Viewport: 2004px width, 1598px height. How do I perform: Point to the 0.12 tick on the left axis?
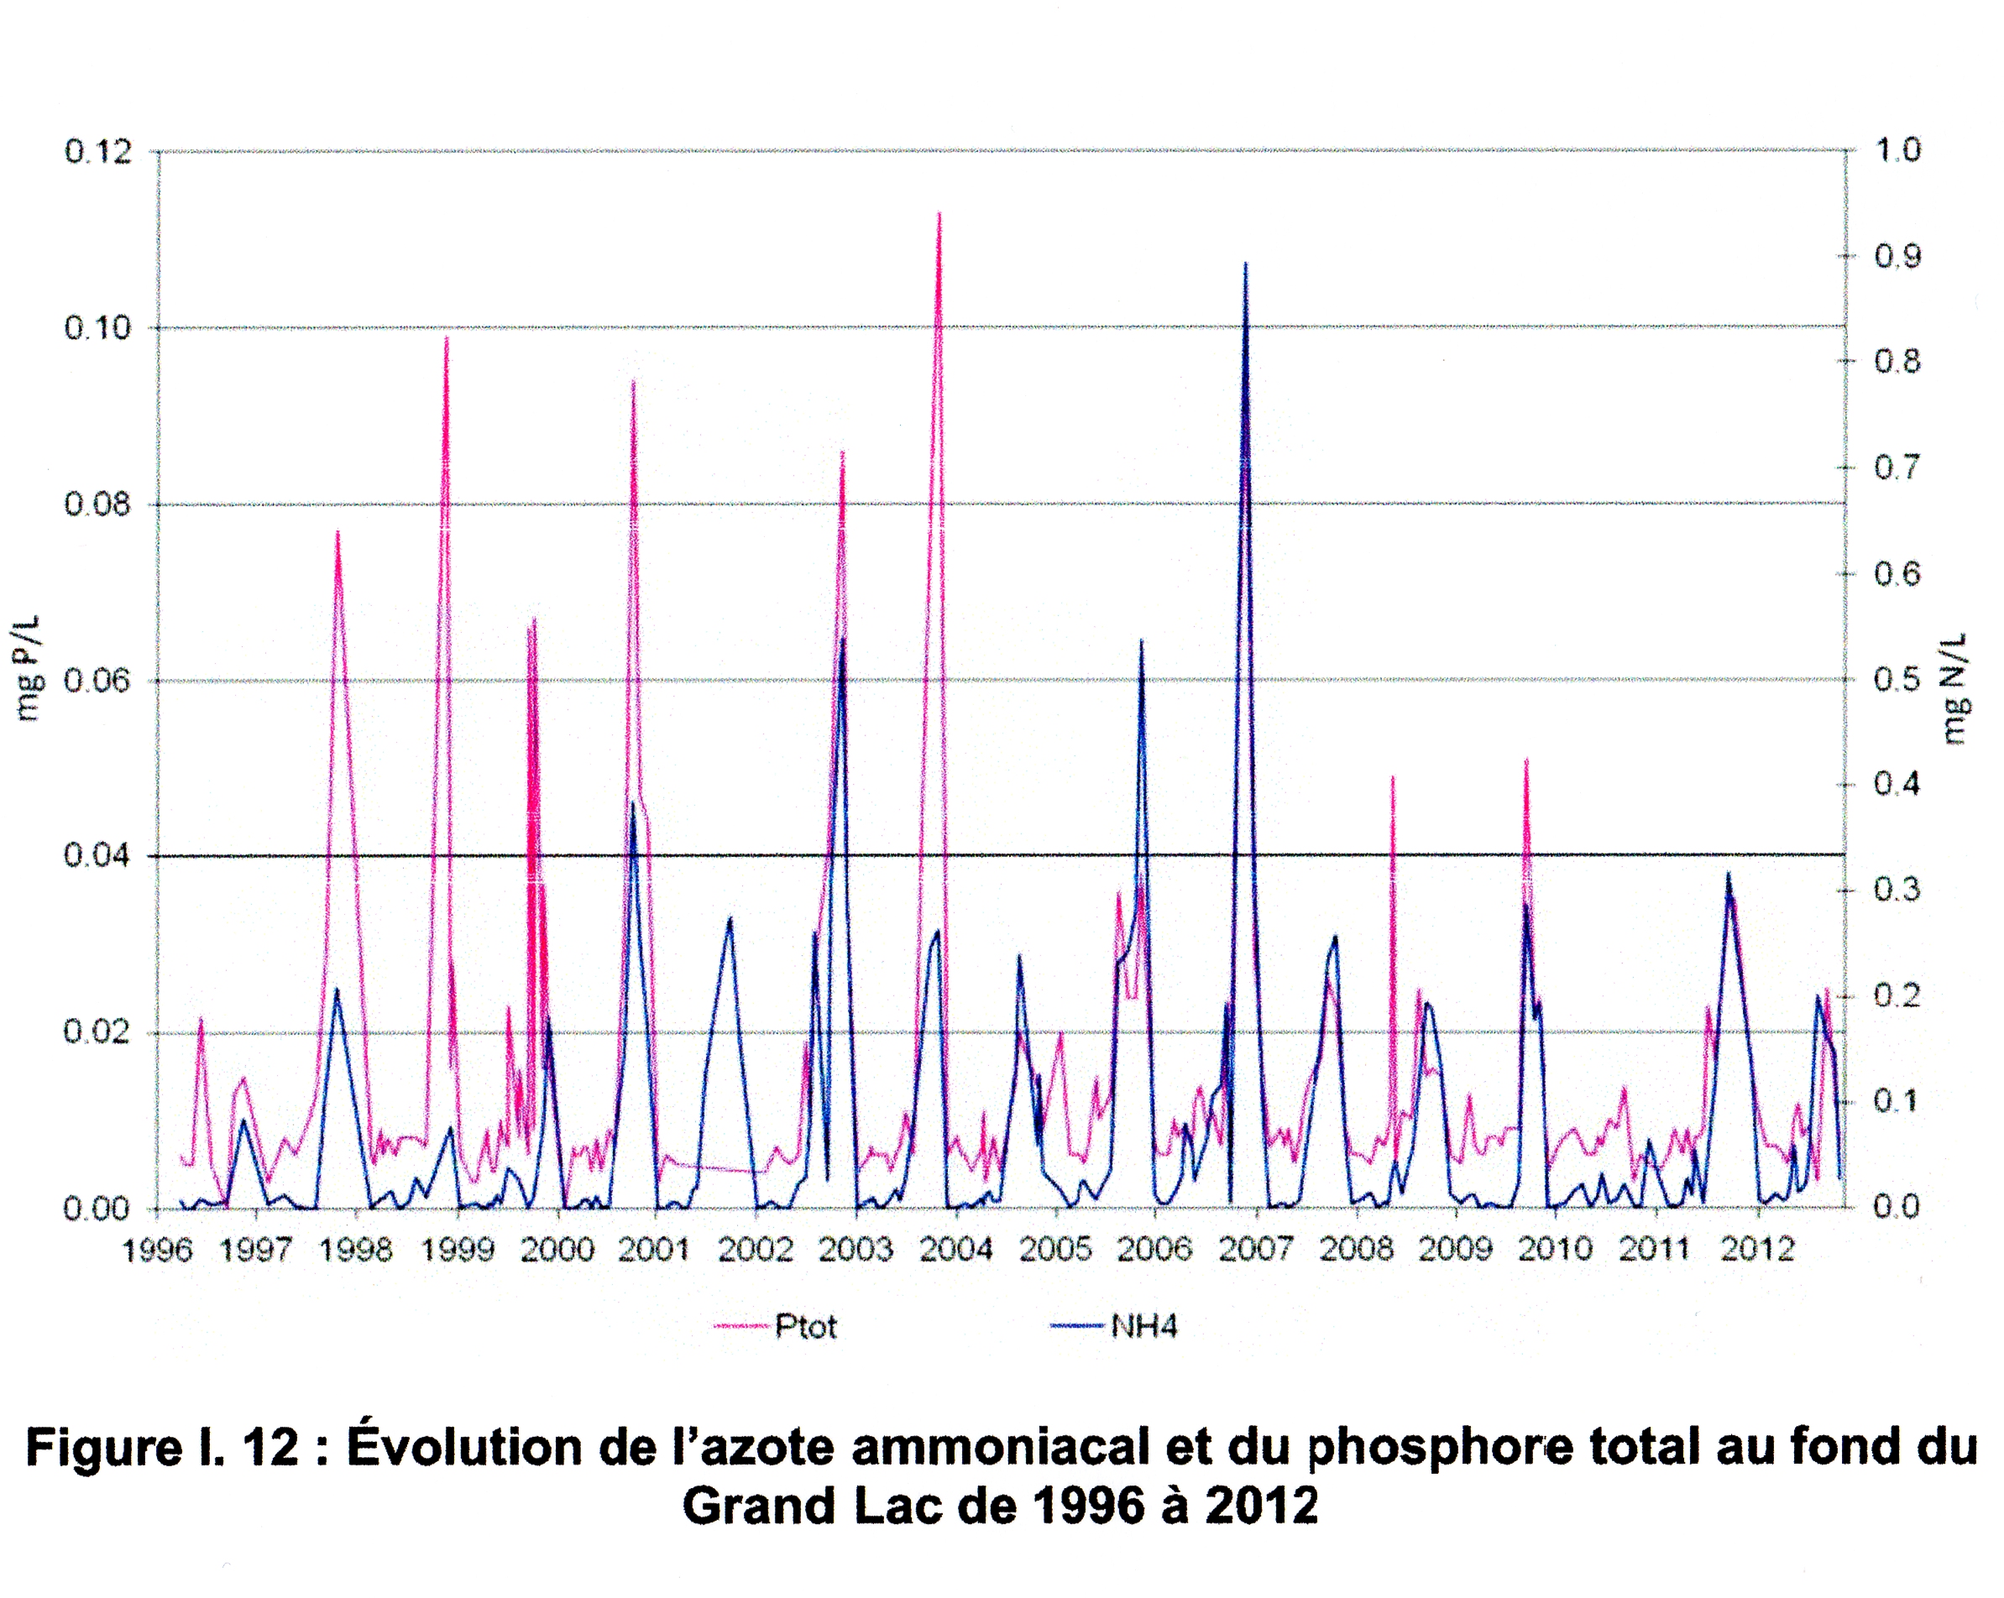pos(97,151)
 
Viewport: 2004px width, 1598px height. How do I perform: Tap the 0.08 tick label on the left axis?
pos(97,504)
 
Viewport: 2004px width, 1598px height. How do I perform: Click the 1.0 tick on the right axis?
pos(1897,149)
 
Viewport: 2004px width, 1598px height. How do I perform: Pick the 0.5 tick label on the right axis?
pos(1897,679)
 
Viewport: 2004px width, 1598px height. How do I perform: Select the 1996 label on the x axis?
pos(158,1251)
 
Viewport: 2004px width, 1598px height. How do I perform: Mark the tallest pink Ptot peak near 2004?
pos(939,215)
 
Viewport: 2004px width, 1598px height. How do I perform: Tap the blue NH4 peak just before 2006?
pos(1142,641)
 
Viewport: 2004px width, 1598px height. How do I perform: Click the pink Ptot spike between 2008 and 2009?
pos(1392,778)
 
